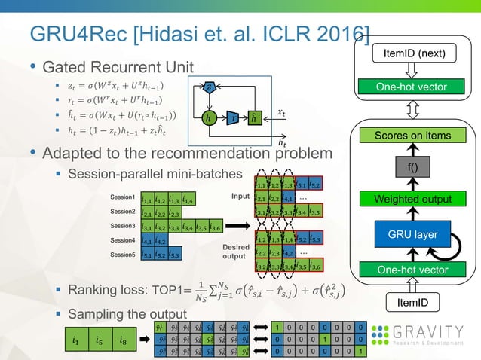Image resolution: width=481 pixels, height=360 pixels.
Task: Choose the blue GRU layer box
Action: [x=413, y=234]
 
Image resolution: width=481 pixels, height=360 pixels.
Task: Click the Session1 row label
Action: [x=123, y=197]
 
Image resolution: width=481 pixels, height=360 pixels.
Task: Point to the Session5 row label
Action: [x=123, y=255]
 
